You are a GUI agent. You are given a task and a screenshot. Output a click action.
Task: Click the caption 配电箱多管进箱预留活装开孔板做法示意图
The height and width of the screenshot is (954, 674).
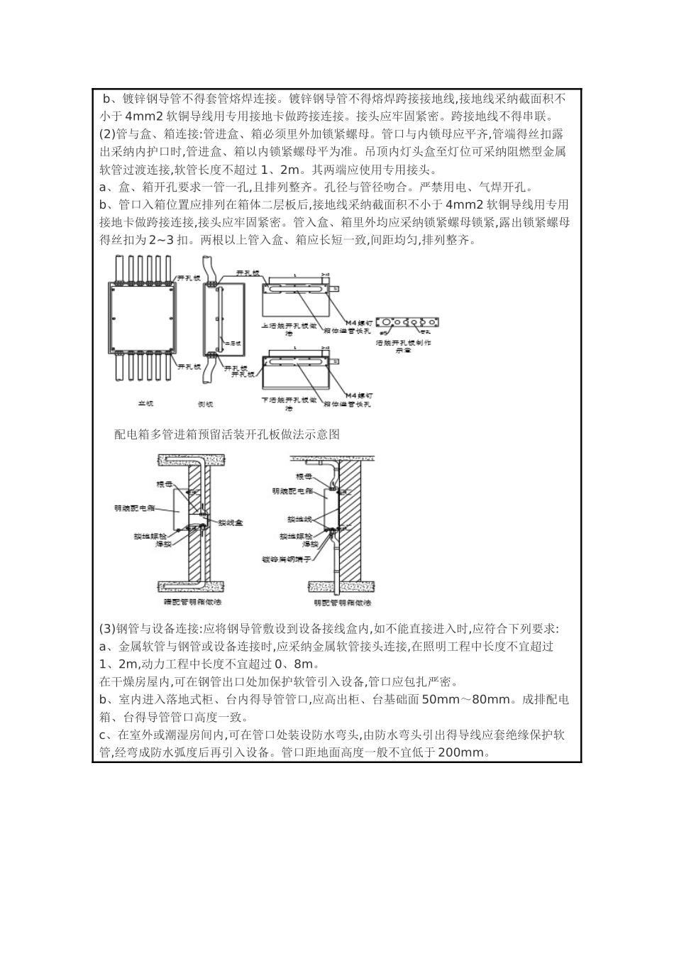(227, 434)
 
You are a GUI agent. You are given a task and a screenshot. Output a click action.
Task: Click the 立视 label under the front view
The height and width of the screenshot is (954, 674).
(145, 405)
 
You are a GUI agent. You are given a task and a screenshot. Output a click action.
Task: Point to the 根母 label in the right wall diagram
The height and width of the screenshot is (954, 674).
(304, 476)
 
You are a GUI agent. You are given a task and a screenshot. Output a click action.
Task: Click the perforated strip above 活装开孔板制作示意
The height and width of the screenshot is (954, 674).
(408, 322)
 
